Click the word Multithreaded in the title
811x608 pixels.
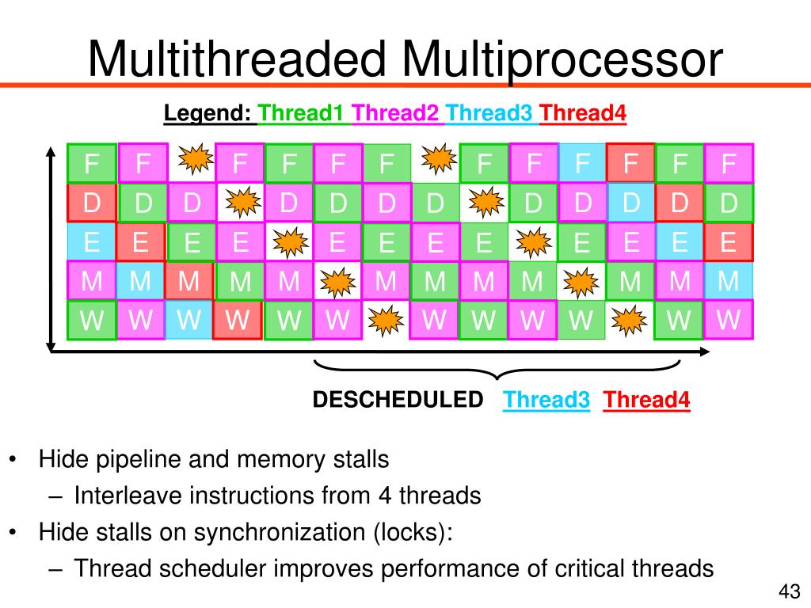coord(229,60)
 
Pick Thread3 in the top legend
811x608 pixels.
coord(489,114)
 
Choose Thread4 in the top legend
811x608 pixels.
coord(583,114)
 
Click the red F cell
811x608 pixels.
coord(630,164)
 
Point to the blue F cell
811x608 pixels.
coord(582,163)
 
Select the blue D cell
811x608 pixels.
coord(630,203)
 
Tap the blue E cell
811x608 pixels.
coord(92,241)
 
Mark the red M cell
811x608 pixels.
coord(189,280)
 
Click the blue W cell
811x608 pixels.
coord(188,320)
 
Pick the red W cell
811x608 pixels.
coord(238,320)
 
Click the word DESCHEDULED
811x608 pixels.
coord(398,400)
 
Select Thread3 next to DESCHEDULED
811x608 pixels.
coord(546,400)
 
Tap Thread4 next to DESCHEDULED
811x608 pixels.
coord(646,400)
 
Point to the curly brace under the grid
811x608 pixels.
coord(497,370)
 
